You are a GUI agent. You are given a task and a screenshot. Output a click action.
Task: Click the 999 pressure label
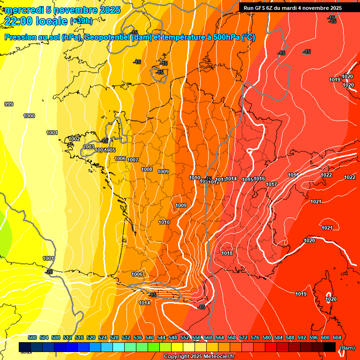[8, 104]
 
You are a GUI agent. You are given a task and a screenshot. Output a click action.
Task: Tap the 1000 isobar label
[29, 116]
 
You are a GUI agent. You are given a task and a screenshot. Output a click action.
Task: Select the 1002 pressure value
[74, 139]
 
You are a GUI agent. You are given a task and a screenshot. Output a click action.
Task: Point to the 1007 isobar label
[133, 160]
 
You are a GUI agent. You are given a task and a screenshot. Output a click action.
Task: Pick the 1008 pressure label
[147, 169]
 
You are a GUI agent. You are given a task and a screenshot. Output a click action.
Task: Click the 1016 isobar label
[259, 179]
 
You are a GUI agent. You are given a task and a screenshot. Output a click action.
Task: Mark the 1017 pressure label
[271, 184]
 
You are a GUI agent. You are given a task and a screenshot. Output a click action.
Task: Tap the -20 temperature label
[49, 272]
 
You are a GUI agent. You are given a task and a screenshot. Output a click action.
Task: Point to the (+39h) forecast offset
[81, 21]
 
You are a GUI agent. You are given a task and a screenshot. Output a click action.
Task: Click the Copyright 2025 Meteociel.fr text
[199, 357]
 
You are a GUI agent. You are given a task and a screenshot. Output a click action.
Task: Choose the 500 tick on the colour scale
[32, 337]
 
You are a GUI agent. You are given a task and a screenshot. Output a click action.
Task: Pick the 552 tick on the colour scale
[185, 337]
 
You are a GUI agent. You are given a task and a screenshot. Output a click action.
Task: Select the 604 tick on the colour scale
[337, 337]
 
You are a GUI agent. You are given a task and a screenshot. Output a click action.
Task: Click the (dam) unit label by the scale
[347, 348]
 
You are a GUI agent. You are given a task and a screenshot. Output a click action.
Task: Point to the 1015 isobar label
[247, 180]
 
